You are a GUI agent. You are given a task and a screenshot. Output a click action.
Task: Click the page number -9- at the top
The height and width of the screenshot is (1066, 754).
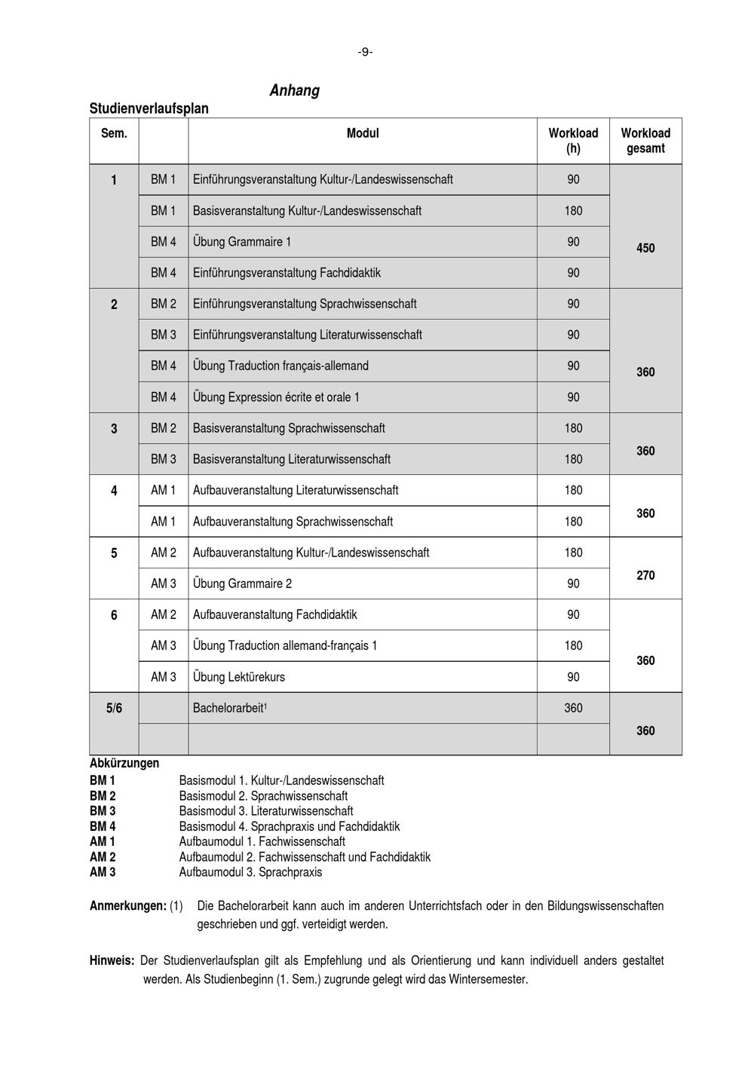[365, 52]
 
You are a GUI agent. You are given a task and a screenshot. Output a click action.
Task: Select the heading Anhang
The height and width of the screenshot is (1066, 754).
[294, 90]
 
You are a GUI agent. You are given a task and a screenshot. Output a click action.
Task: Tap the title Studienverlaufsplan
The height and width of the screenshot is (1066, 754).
[149, 109]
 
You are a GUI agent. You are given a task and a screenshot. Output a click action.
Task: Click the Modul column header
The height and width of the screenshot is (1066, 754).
[363, 133]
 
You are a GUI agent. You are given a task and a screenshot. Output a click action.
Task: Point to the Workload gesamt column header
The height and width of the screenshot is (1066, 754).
[645, 140]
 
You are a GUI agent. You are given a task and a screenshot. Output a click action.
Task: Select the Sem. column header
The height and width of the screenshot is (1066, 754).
[114, 133]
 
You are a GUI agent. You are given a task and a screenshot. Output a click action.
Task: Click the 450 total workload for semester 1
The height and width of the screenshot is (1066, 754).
[645, 248]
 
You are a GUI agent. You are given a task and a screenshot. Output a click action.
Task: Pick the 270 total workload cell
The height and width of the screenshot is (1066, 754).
[645, 575]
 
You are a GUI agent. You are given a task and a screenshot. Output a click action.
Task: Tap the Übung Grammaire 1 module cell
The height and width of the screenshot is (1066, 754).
[242, 242]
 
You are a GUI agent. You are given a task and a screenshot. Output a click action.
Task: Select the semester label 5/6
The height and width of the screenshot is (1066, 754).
[114, 708]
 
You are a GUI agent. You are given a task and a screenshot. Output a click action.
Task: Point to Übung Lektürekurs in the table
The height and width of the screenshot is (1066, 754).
[239, 677]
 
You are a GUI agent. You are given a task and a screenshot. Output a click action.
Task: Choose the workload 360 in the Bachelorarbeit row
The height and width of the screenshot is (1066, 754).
[573, 708]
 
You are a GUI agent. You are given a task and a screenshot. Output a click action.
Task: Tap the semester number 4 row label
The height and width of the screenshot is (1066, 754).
[114, 491]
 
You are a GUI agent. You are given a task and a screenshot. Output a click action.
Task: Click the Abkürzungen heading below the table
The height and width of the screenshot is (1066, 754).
[124, 763]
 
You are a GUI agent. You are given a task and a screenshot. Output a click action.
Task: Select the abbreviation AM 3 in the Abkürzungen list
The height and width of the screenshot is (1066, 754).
[103, 872]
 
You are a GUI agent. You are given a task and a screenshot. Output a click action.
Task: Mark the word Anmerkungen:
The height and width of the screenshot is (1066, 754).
[127, 905]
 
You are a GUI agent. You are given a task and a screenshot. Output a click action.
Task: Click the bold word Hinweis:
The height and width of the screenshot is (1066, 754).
[112, 960]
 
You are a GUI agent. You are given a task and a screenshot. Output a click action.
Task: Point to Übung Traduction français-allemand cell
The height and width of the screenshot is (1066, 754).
[280, 366]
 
